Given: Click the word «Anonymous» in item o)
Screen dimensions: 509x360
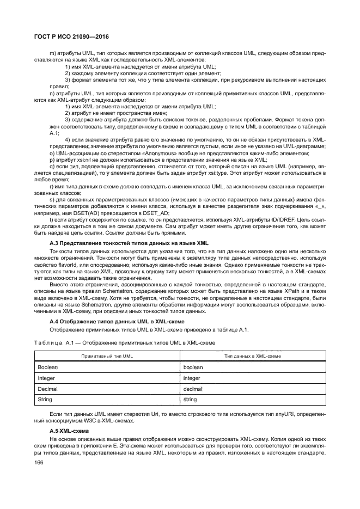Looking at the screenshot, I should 142,154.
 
